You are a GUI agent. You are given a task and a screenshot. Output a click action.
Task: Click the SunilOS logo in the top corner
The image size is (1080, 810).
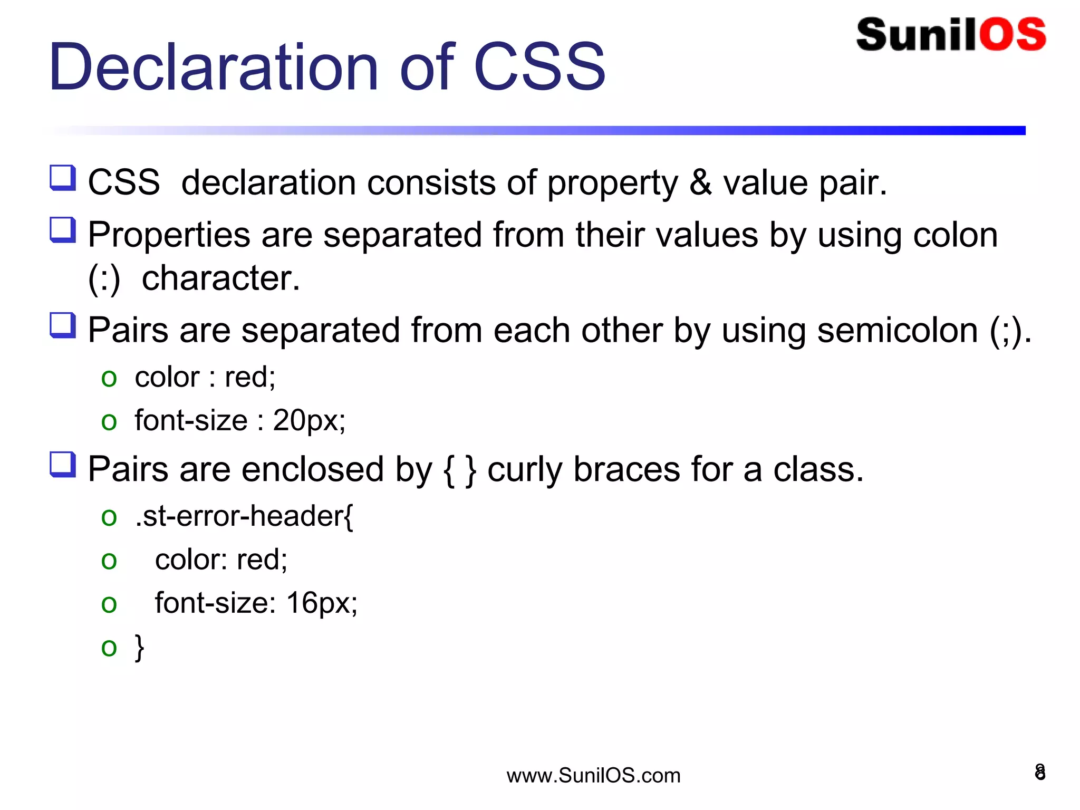click(x=951, y=35)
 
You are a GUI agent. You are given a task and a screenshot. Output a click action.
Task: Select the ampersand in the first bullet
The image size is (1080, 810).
click(x=700, y=182)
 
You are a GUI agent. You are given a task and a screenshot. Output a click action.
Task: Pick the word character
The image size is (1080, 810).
click(x=220, y=278)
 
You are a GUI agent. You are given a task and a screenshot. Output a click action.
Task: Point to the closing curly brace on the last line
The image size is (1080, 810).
click(x=139, y=647)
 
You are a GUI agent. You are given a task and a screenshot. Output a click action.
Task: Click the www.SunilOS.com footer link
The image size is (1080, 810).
click(x=593, y=776)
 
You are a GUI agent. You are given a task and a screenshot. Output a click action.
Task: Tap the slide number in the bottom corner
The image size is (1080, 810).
click(x=1040, y=772)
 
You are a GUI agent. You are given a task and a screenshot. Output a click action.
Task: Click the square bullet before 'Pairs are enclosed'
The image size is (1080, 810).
click(x=63, y=465)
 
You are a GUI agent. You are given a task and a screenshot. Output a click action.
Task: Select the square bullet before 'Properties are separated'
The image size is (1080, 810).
click(x=63, y=230)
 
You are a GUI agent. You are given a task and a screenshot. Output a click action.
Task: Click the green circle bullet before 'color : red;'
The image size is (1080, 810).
click(x=109, y=378)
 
